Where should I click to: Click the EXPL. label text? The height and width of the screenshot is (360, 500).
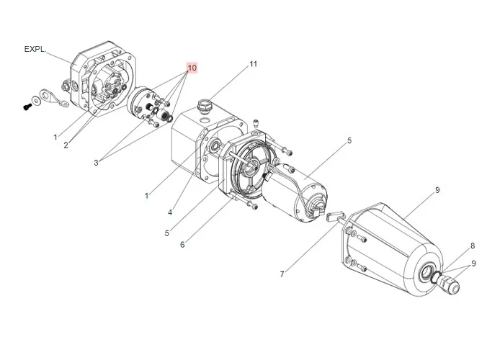34,49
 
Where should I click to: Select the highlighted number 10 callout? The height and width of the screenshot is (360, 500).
192,68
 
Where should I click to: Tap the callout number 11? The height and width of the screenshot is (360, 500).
253,64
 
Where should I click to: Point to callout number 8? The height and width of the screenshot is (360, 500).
473,246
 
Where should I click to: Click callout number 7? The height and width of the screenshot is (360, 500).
282,274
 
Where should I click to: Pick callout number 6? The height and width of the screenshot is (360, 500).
182,245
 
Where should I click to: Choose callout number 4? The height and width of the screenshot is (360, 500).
170,212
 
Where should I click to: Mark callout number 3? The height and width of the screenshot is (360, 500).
96,163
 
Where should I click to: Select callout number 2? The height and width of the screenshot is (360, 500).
66,145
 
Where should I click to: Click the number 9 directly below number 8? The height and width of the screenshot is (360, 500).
473,264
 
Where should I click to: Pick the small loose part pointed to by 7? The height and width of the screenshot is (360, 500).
334,216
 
